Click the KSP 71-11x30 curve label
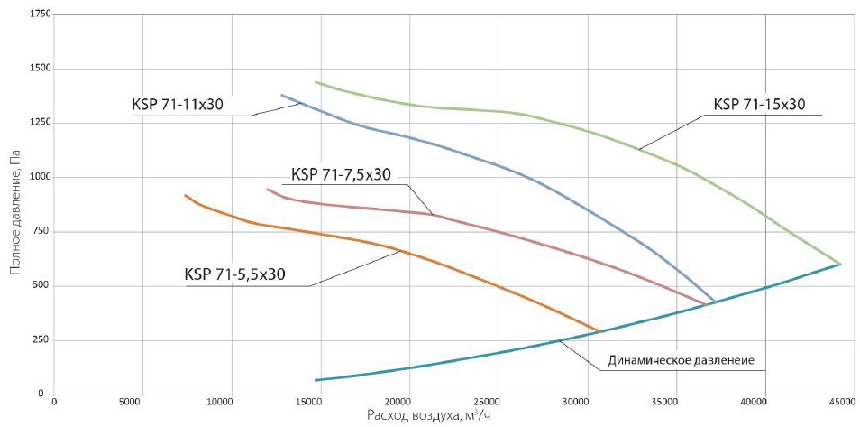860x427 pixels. point(178,105)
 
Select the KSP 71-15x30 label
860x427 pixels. point(759,104)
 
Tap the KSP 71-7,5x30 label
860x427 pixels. point(342,174)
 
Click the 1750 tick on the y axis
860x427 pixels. point(38,15)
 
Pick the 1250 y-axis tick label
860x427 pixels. point(38,124)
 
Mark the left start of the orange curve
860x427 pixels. point(185,195)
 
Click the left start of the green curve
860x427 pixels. point(316,82)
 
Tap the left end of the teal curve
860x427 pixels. point(316,380)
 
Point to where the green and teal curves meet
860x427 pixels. point(840,264)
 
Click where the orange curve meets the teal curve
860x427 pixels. point(599,331)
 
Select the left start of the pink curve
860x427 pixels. point(268,189)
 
